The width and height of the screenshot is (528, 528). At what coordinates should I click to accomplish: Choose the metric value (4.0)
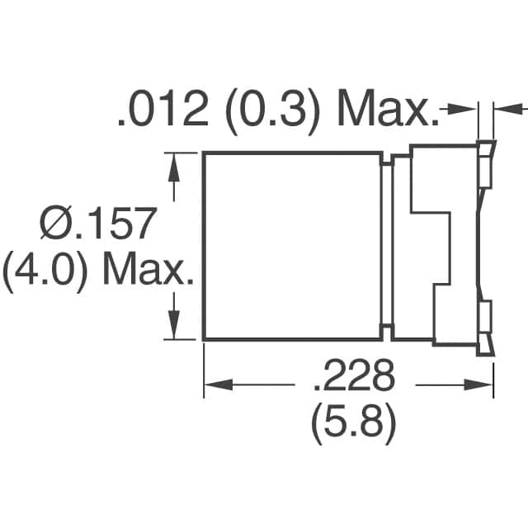[x=43, y=271]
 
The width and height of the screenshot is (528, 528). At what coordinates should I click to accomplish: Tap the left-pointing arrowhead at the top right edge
[x=504, y=108]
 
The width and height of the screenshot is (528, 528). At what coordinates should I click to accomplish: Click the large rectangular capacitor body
[x=293, y=246]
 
